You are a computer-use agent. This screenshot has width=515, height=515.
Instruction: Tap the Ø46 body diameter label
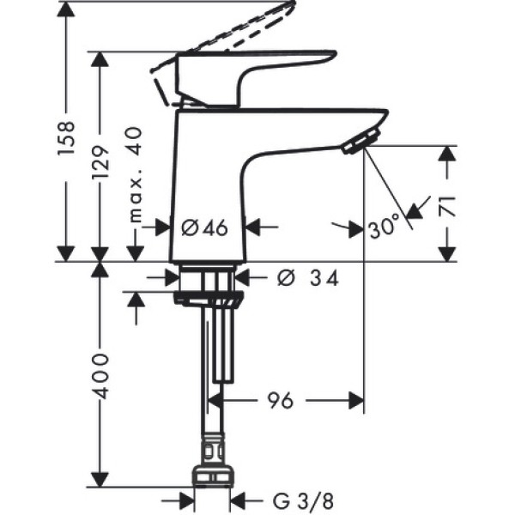(204, 227)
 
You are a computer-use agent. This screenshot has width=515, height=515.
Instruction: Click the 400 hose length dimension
(100, 374)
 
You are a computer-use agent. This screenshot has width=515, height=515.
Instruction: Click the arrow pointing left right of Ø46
(257, 227)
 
